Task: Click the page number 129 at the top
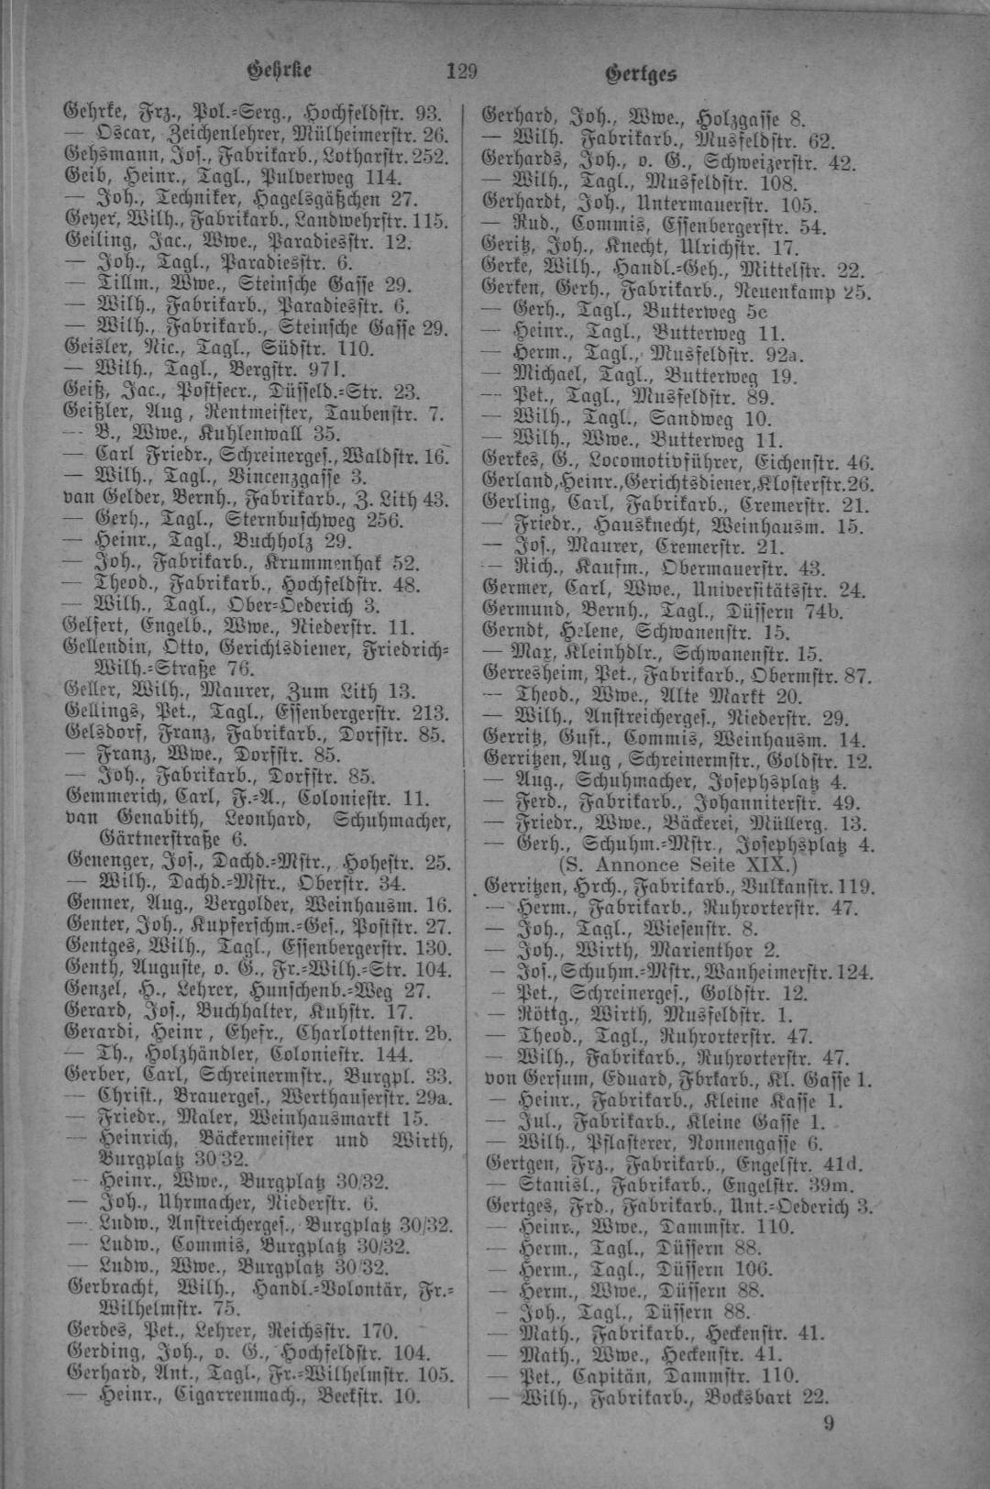pos(461,71)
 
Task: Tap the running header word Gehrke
pos(280,70)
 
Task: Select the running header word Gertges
pos(641,74)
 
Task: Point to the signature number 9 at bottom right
pos(829,1423)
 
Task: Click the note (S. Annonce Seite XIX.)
pos(678,865)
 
